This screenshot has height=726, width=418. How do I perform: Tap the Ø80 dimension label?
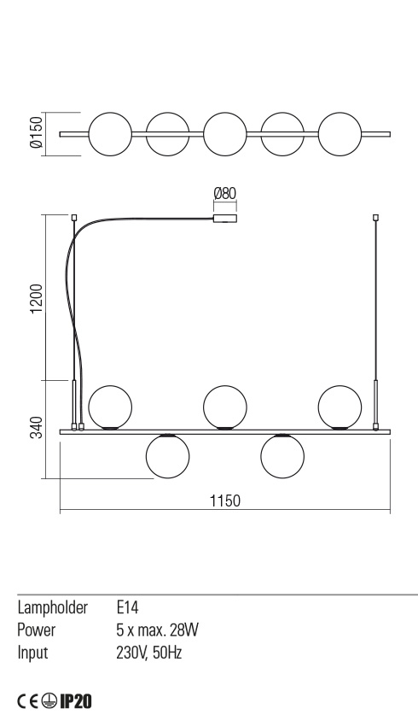click(224, 194)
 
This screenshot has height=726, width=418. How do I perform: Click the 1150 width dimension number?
click(224, 501)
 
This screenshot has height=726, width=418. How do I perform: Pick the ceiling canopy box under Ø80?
click(224, 220)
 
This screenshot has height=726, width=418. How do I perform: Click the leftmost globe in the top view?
click(109, 134)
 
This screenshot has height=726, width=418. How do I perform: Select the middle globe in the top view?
click(224, 134)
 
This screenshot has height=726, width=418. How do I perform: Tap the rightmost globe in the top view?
click(340, 134)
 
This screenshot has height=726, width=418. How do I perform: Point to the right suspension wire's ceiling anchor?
click(375, 217)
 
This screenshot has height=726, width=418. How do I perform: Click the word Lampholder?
click(53, 608)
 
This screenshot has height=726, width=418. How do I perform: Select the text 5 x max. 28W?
click(157, 630)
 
